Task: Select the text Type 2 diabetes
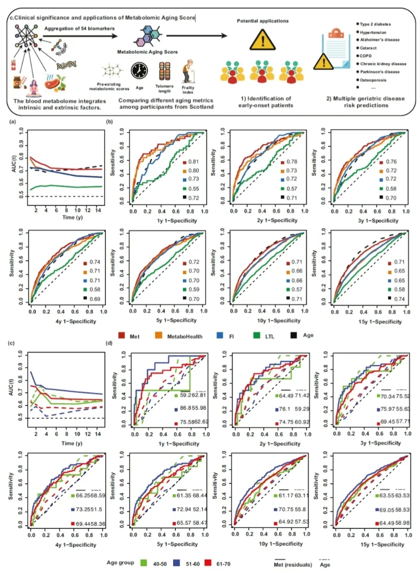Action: coord(377,24)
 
